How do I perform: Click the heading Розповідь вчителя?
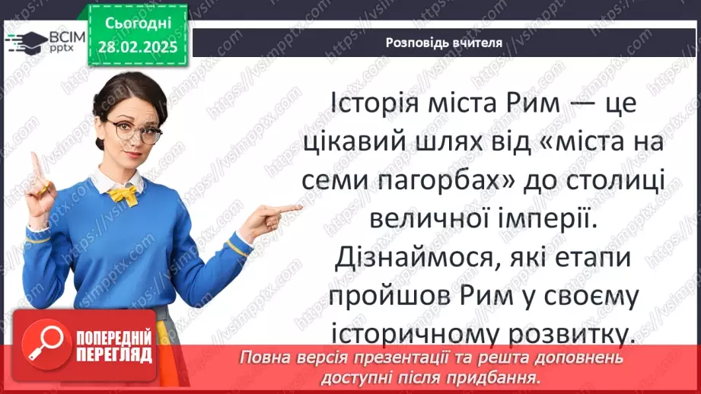444,43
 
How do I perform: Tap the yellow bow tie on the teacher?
123,195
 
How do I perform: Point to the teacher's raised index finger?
34,161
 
